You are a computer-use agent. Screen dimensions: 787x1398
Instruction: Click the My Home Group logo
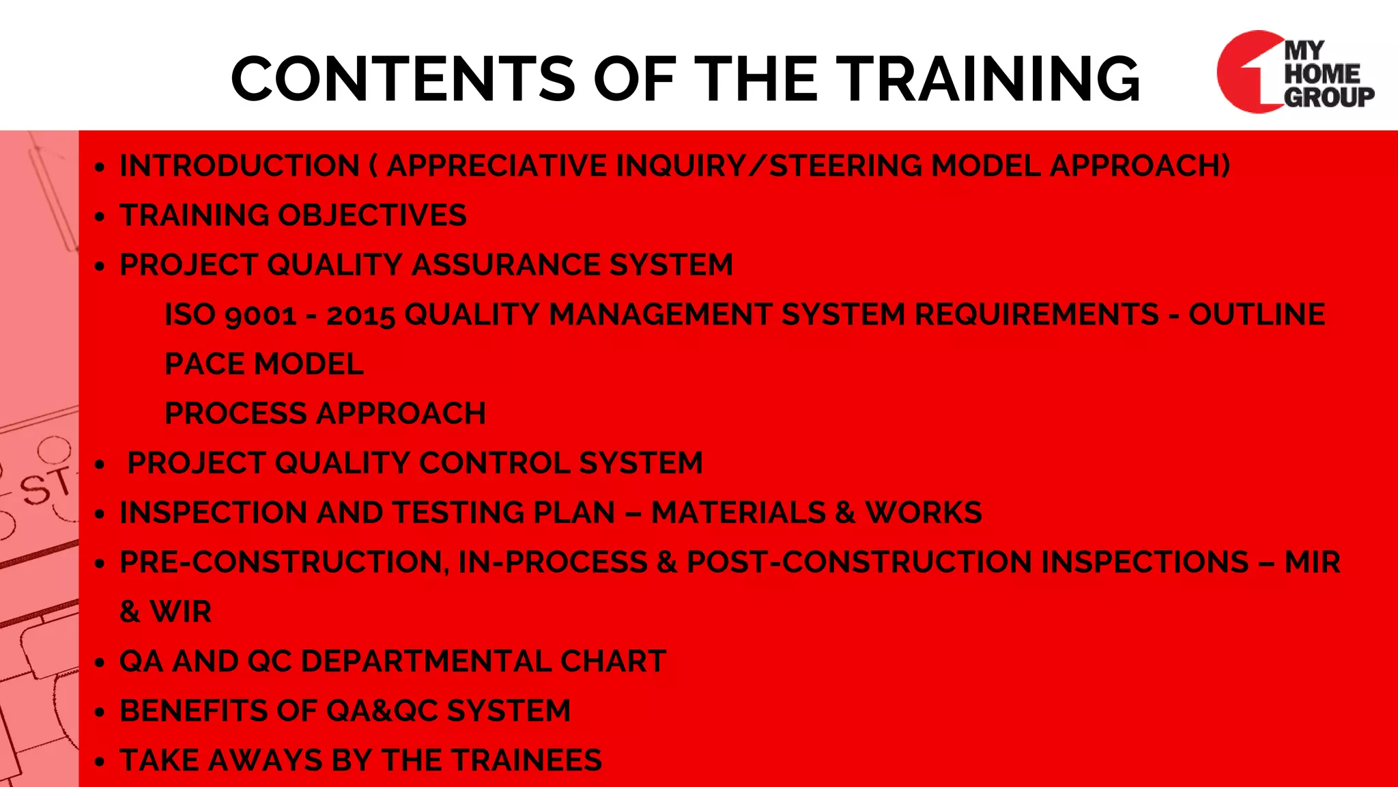[x=1294, y=72]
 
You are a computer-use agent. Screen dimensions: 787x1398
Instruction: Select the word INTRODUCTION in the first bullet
[x=240, y=166]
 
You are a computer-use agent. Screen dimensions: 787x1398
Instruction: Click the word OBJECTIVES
[x=373, y=215]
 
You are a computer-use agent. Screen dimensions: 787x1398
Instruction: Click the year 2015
[x=360, y=315]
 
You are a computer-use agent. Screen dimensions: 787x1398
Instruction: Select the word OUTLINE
[x=1256, y=315]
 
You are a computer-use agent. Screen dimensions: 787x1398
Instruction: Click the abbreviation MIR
[x=1312, y=562]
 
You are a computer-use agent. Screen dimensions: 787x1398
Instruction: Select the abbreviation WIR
[x=181, y=612]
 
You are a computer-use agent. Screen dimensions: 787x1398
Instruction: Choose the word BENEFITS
[x=193, y=711]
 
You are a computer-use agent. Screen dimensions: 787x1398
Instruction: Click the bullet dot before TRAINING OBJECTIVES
[x=100, y=217]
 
